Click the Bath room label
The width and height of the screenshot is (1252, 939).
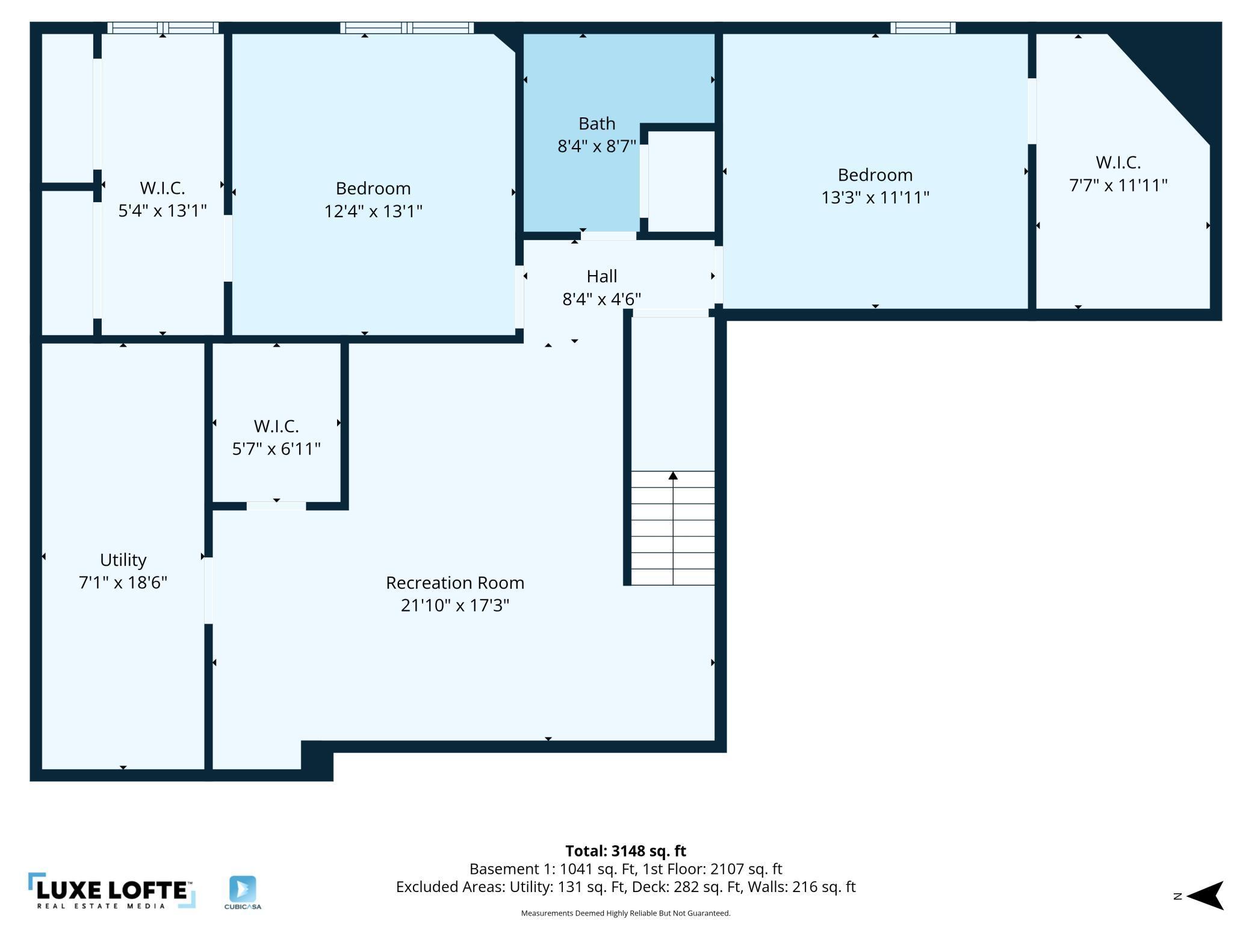coord(597,123)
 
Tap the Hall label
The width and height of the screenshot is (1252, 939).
coord(602,276)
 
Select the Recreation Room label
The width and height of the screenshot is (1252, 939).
coord(455,583)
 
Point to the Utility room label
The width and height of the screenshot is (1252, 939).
coord(123,560)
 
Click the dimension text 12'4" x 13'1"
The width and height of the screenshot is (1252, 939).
coord(373,211)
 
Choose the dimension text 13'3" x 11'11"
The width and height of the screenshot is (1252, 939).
coord(875,197)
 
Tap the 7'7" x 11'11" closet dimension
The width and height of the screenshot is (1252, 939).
coord(1118,185)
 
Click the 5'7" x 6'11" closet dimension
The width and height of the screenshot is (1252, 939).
coord(276,448)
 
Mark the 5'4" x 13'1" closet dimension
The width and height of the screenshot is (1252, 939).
coord(163,211)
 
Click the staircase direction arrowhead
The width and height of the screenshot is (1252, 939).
coord(673,476)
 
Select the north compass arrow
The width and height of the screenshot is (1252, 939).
coord(1205,896)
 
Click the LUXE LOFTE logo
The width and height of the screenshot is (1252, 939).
coord(112,891)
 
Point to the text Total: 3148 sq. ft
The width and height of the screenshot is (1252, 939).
coord(625,851)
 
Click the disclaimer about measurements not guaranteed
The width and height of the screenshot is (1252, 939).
coord(625,913)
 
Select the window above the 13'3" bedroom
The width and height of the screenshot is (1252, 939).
coord(923,28)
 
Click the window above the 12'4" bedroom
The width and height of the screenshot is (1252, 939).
coord(407,28)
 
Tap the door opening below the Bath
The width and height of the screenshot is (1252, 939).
coord(608,236)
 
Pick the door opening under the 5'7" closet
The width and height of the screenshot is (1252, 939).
coord(276,506)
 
